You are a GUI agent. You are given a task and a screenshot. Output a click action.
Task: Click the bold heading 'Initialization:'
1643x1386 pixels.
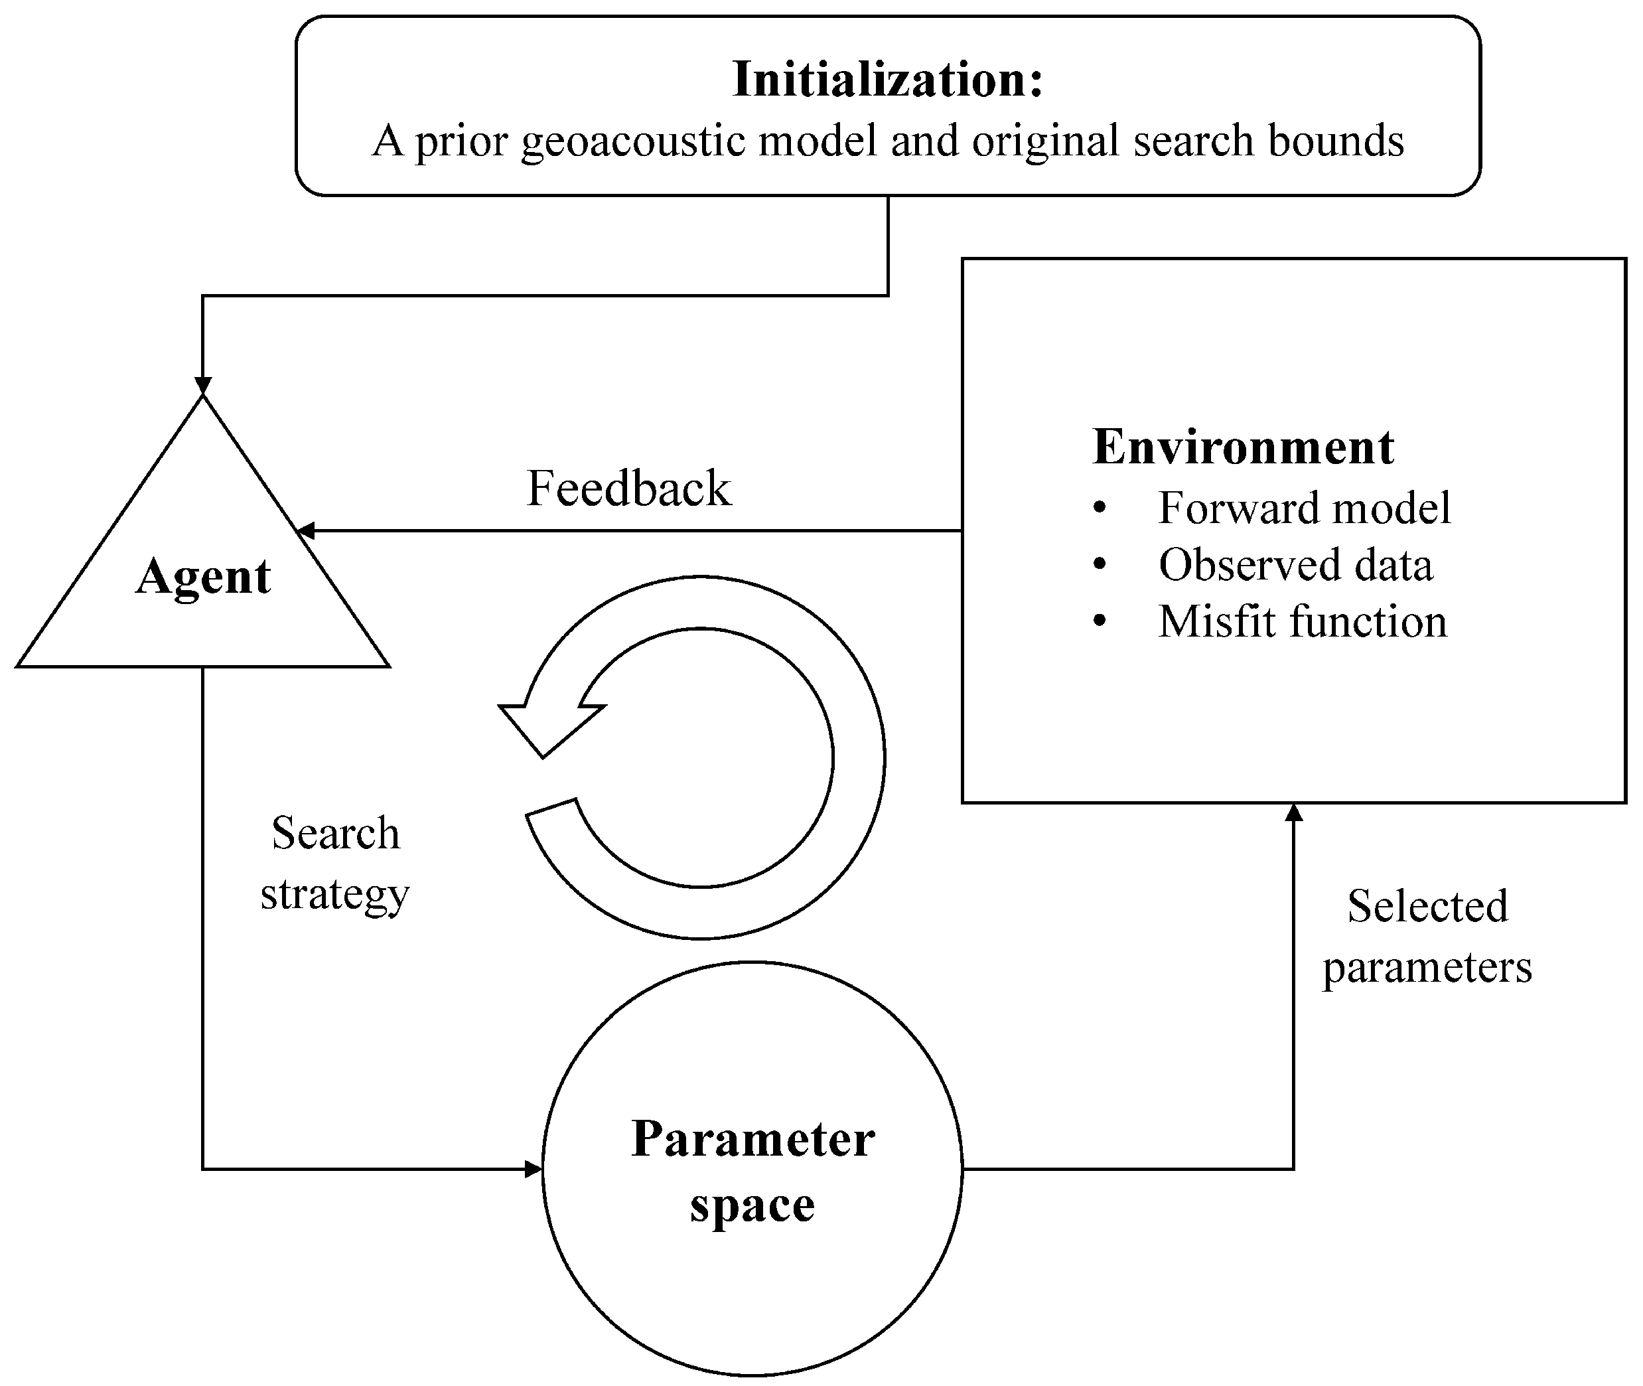coord(887,80)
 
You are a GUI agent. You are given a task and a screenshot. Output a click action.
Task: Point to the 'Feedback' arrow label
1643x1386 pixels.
coord(628,488)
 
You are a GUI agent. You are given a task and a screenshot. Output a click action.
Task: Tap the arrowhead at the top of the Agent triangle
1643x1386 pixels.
coord(202,386)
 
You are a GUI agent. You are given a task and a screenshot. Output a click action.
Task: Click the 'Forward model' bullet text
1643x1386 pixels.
coord(1304,508)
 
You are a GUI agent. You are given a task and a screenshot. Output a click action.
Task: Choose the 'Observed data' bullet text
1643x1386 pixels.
coord(1295,564)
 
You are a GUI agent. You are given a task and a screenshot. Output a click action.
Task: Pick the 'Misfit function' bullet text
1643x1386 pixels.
coord(1302,621)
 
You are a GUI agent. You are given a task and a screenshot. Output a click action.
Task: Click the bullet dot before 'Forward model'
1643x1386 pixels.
coord(1100,508)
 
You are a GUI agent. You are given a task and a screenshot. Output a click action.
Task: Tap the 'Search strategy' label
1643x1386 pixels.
coord(335,863)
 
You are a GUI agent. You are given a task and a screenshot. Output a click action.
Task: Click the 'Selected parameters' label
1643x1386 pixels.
coord(1427,936)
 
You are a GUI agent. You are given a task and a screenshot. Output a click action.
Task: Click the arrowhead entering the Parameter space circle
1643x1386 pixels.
coord(534,1169)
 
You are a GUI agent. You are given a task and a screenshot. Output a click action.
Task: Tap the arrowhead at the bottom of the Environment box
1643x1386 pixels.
coord(1293,813)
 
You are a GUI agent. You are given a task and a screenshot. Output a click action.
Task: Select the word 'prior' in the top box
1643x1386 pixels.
coord(461,141)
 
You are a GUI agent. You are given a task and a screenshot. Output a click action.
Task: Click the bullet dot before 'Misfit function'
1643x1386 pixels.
coord(1100,621)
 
